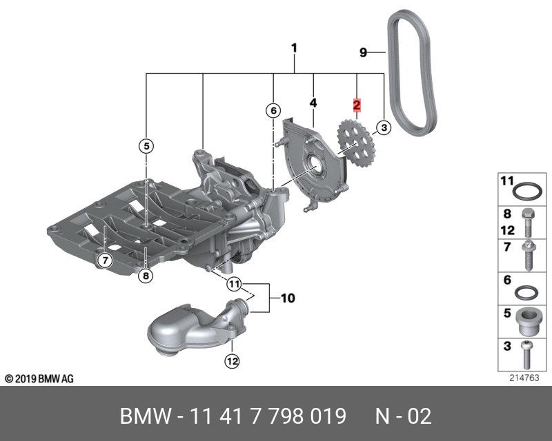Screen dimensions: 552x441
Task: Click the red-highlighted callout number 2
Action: click(357, 105)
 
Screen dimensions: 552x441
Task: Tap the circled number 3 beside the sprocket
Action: click(384, 127)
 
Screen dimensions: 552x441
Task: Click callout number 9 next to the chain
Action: click(364, 53)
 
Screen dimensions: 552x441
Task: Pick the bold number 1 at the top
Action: click(295, 48)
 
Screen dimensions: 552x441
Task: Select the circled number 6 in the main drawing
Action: click(273, 111)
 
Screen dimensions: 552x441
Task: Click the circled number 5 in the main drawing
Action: click(146, 145)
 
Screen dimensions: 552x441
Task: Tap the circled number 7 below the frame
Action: click(105, 260)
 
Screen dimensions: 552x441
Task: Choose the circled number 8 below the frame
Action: click(146, 276)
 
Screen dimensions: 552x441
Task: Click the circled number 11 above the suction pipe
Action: click(234, 283)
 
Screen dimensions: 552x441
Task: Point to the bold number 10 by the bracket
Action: click(288, 298)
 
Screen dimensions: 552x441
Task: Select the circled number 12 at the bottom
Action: click(233, 361)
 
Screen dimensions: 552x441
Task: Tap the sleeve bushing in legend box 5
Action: click(526, 322)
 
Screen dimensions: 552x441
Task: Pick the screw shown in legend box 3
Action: click(526, 355)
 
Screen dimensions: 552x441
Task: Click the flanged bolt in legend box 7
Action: click(529, 256)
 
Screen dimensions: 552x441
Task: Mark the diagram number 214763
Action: click(524, 378)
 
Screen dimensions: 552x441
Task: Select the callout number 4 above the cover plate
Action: click(313, 103)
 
